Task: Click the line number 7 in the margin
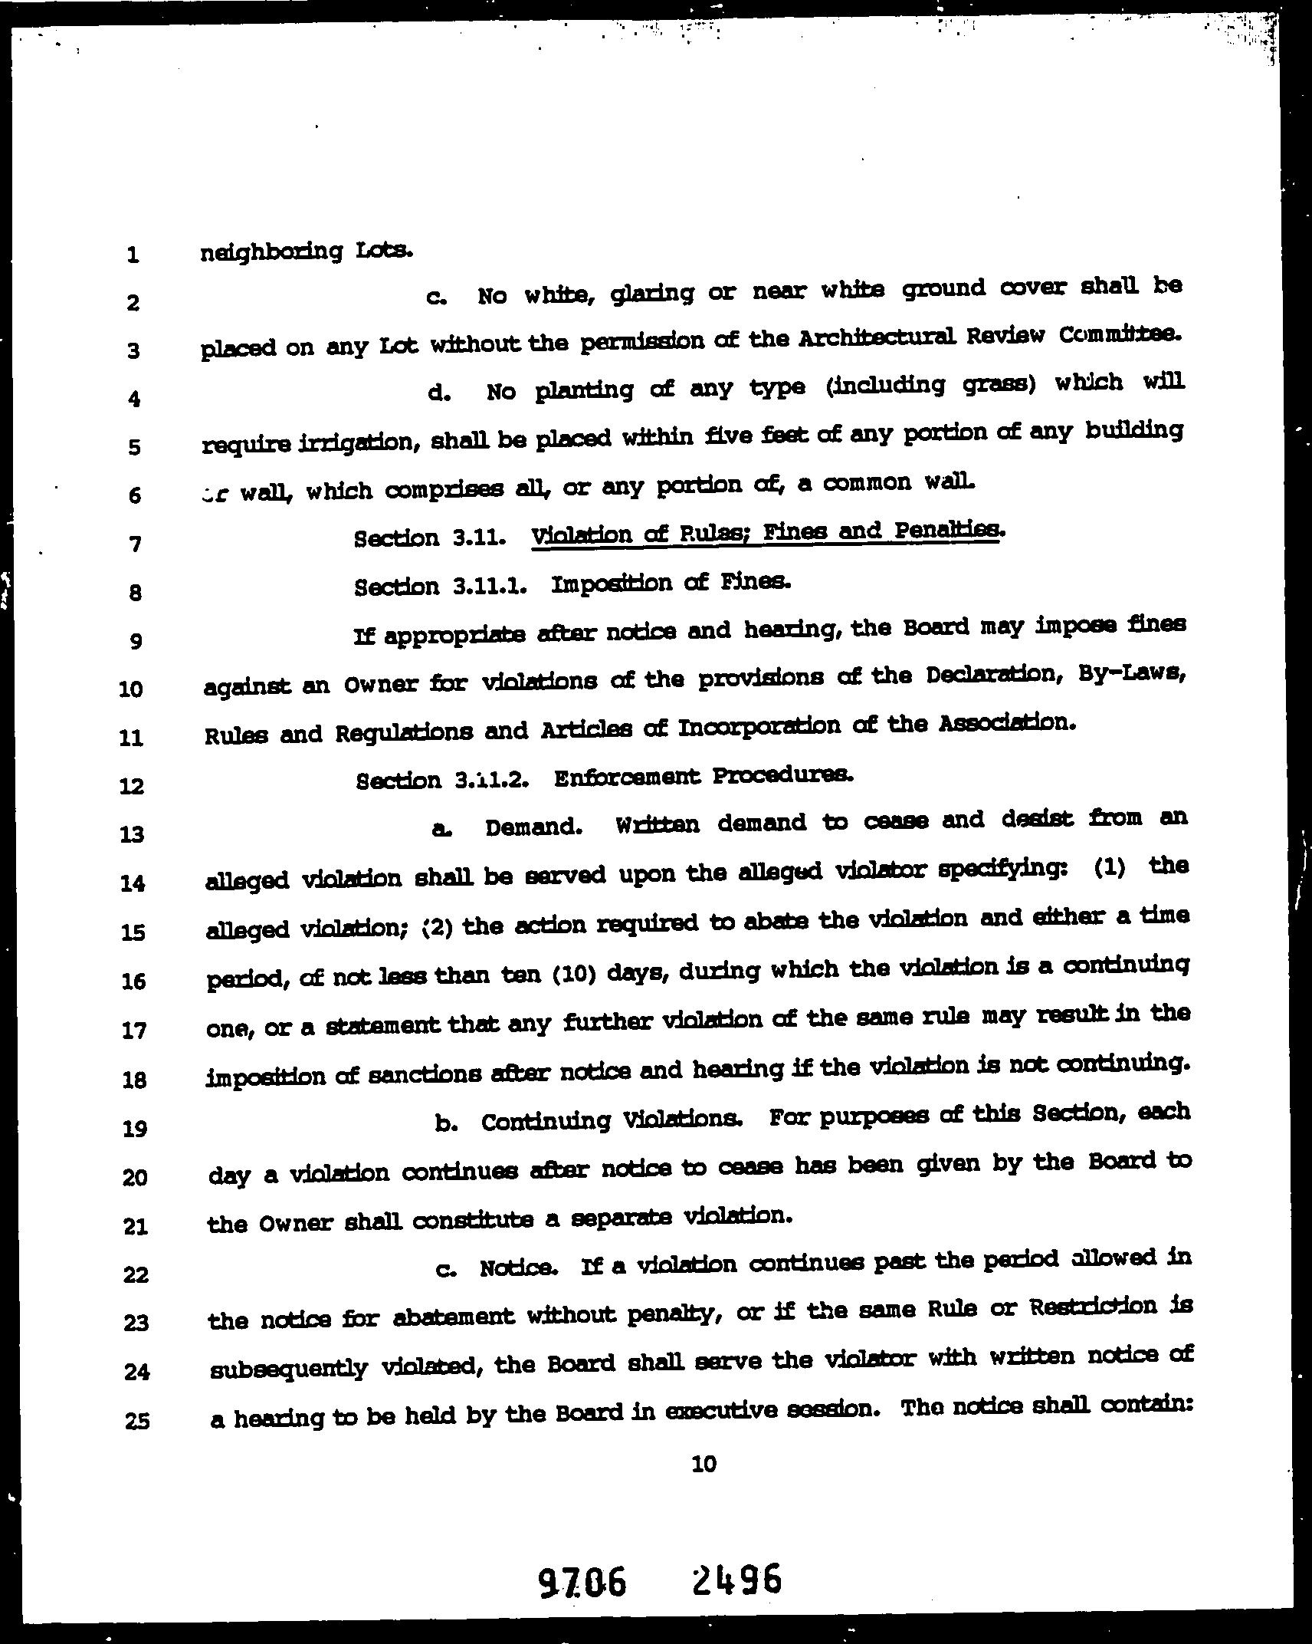(135, 544)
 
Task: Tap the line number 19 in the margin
(134, 1129)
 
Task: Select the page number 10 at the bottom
(704, 1464)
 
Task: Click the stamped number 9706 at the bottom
(581, 1581)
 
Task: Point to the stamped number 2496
(736, 1578)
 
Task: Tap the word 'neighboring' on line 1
(271, 252)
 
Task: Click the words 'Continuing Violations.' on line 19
(611, 1121)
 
